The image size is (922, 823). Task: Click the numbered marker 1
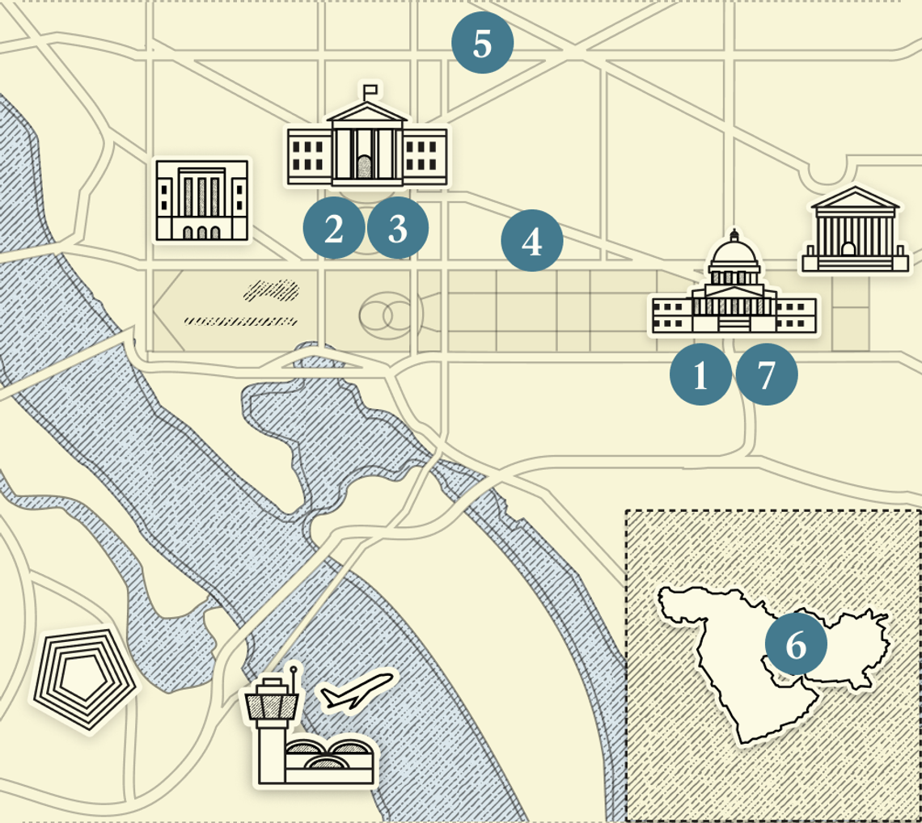pos(700,374)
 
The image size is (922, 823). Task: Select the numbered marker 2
pos(334,229)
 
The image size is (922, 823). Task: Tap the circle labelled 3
pos(398,229)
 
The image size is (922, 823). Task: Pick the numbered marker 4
pos(532,240)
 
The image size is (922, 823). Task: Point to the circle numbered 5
pos(482,43)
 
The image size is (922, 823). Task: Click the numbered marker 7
pos(766,374)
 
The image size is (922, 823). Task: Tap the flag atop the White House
pos(371,88)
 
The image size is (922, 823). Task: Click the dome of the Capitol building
pos(734,257)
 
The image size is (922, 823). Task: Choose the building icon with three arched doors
pos(202,200)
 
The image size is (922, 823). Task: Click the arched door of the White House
pos(366,167)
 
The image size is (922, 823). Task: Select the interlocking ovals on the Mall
pos(387,315)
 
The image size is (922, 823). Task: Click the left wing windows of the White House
pos(307,155)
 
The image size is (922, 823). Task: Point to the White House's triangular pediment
pos(366,113)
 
